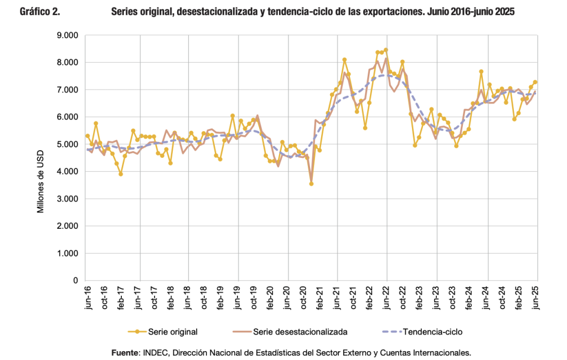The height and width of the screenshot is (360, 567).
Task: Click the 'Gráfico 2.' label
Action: [x=39, y=12]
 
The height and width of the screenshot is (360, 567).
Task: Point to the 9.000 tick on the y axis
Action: [x=67, y=35]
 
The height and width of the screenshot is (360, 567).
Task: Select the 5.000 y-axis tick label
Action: [x=67, y=145]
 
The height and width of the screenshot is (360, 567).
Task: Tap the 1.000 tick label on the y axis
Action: [x=67, y=254]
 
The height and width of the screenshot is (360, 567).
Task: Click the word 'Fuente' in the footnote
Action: [x=126, y=352]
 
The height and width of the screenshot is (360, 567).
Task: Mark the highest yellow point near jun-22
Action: [x=386, y=50]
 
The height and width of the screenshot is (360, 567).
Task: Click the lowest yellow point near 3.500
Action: [x=311, y=184]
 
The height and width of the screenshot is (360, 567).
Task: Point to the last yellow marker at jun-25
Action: [x=535, y=82]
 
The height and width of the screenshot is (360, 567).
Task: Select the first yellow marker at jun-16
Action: [x=87, y=136]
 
